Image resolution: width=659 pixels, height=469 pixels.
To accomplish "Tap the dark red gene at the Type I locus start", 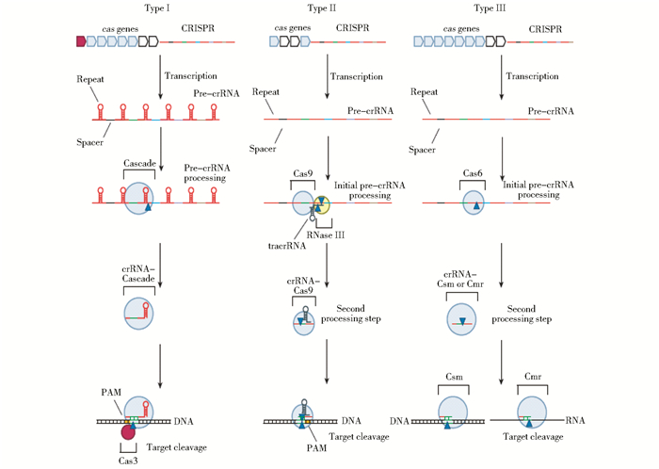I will [x=80, y=41].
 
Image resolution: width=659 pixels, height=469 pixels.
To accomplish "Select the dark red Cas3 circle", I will [x=129, y=432].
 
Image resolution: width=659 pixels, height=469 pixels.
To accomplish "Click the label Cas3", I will [x=128, y=459].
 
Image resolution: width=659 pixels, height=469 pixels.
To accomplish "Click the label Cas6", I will [x=473, y=173].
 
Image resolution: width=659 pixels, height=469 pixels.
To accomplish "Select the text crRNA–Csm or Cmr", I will [x=463, y=279].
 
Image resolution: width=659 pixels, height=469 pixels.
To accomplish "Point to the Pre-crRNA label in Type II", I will [x=369, y=110].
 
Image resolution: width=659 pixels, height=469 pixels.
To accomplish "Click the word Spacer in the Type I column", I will [x=89, y=141].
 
